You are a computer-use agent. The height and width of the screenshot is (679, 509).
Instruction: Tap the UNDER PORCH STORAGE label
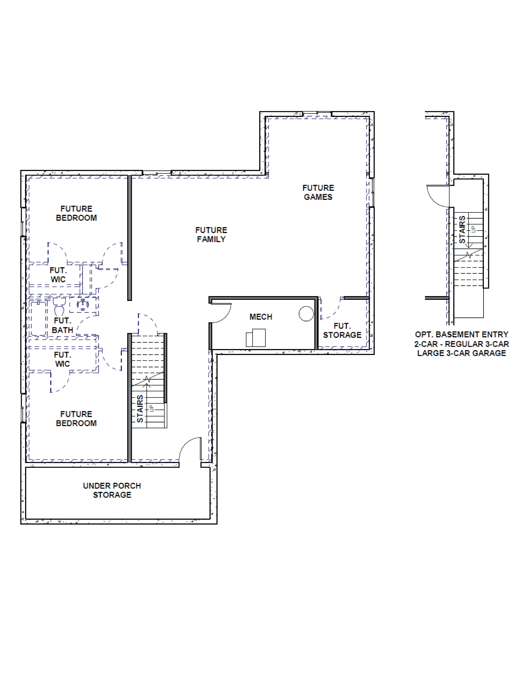pos(112,490)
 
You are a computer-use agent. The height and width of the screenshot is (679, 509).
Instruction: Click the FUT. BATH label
pos(63,325)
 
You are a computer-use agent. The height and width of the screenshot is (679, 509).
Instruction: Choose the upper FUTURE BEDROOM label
pos(76,213)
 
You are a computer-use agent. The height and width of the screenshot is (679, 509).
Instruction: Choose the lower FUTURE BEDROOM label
pos(76,419)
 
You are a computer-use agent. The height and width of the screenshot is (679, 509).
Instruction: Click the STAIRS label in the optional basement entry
pos(462,230)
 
